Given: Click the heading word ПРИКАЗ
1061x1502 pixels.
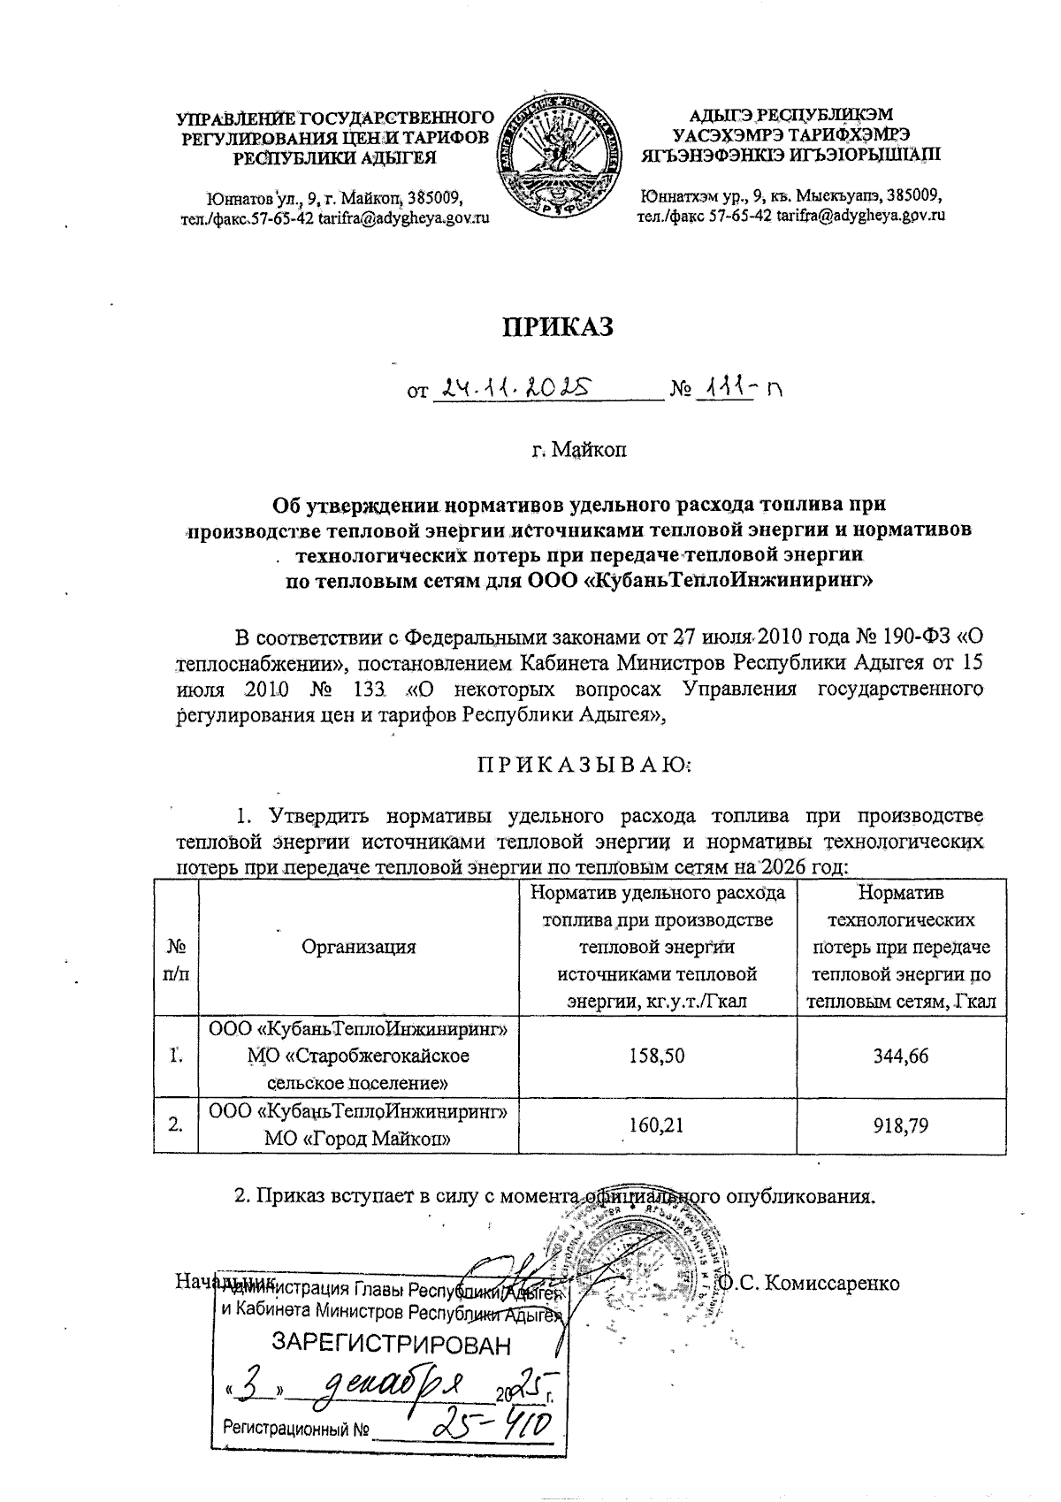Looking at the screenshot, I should tap(557, 326).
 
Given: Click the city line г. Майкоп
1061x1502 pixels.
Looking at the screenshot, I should tap(578, 451).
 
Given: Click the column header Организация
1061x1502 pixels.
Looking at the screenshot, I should tap(359, 947).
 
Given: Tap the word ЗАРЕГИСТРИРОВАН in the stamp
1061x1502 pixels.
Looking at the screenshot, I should tap(390, 1346).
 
